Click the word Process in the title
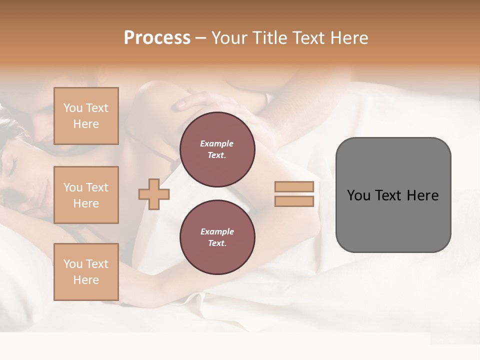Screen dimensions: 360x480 (157, 38)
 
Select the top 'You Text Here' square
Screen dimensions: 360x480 (86, 116)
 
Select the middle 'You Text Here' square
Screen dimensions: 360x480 (86, 195)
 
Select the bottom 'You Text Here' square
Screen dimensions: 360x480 (86, 272)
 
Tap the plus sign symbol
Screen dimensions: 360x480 (154, 194)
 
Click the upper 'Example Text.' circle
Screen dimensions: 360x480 (217, 149)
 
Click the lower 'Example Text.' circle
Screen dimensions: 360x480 (217, 237)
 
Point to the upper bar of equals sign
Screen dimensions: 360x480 (294, 187)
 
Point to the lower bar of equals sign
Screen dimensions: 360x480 (294, 201)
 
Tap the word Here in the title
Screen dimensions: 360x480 (350, 38)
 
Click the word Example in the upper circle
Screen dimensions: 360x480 (217, 144)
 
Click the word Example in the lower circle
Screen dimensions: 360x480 (217, 232)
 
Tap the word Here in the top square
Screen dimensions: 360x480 (86, 124)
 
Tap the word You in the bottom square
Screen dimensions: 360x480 (73, 264)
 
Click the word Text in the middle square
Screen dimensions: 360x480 (97, 187)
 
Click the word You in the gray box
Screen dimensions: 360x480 (358, 195)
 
